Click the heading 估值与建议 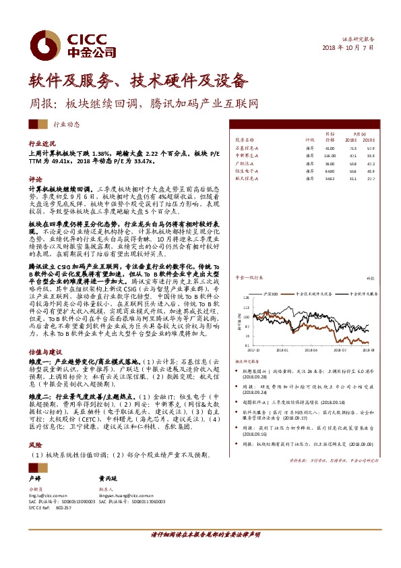pyautogui.click(x=44, y=351)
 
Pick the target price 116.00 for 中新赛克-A pyautogui.click(x=330, y=155)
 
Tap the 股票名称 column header pyautogui.click(x=245, y=140)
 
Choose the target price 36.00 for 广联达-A pyautogui.click(x=330, y=163)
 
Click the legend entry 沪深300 pyautogui.click(x=271, y=295)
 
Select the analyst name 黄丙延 pyautogui.click(x=108, y=476)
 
